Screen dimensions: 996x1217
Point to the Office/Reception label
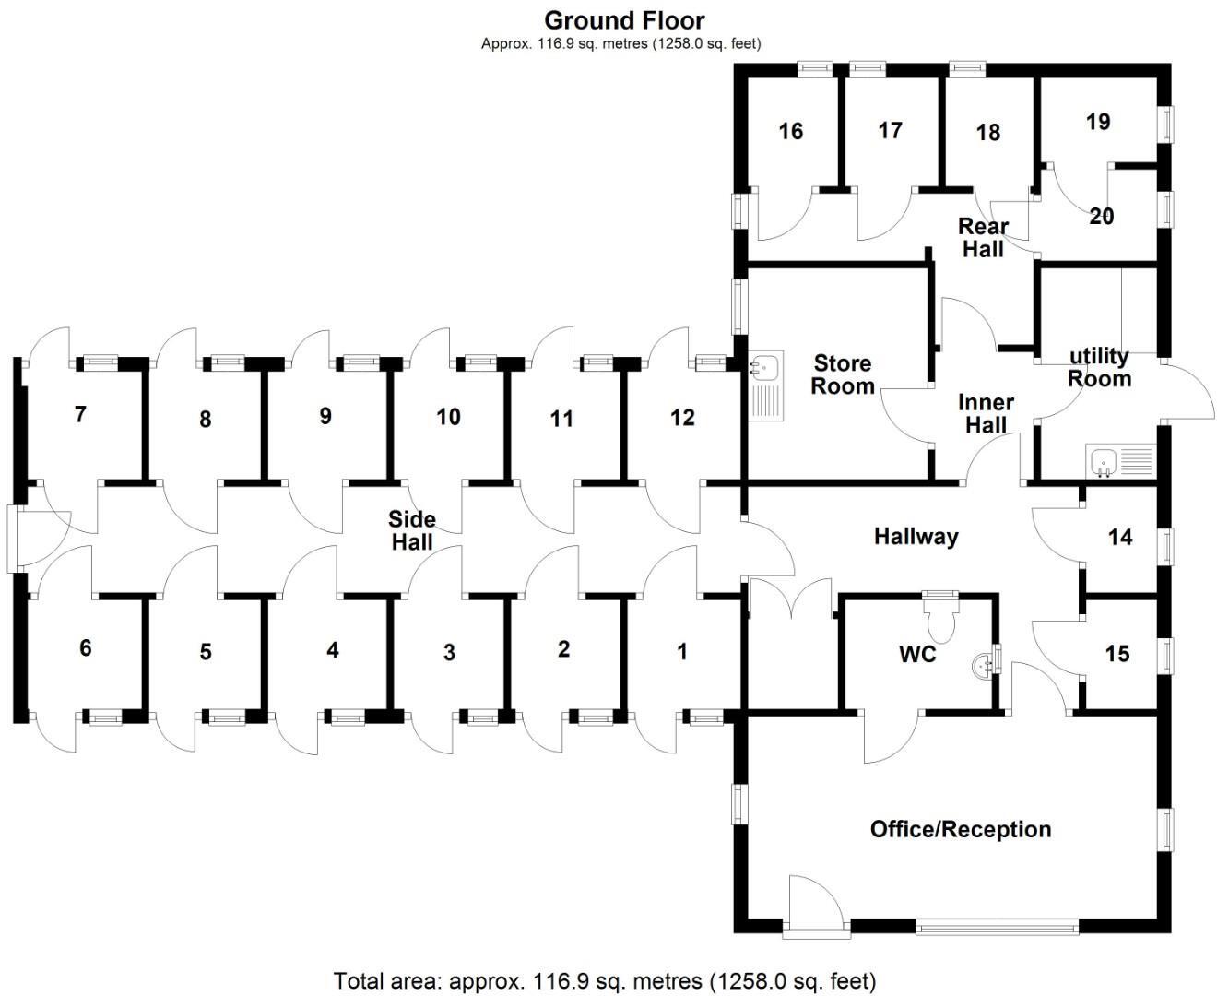point(960,829)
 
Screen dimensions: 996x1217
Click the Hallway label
point(916,536)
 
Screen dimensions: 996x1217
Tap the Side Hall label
point(412,530)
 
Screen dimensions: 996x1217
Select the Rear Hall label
point(983,237)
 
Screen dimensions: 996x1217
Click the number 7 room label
point(80,415)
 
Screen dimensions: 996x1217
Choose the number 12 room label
point(681,418)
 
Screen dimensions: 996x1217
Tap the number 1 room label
point(682,652)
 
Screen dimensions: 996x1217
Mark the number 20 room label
point(1102,217)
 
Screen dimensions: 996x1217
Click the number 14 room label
point(1119,537)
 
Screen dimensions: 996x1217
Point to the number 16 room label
point(790,131)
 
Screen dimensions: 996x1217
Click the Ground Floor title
point(624,20)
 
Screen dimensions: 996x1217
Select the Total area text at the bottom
point(605,980)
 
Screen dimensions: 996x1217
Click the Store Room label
point(842,374)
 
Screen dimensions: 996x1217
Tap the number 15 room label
point(1117,654)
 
